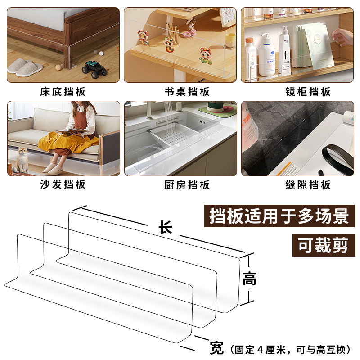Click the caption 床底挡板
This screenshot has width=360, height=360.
point(63,92)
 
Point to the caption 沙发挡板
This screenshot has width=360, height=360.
point(63,184)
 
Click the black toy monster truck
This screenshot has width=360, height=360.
point(95,69)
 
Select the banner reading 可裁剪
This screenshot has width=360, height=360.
point(323,245)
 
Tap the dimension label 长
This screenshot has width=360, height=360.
point(165,228)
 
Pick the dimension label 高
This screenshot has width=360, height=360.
point(249,279)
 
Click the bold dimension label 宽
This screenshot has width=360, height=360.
point(217,348)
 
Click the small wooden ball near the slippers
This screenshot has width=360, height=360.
point(58,67)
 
